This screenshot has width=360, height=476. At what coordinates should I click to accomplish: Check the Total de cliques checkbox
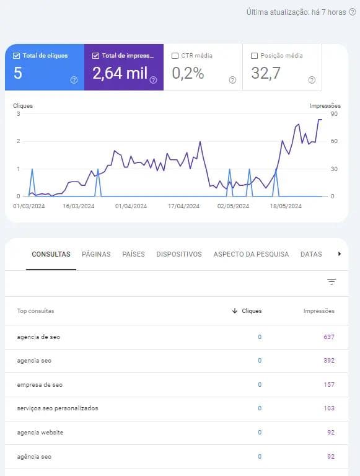pos(16,56)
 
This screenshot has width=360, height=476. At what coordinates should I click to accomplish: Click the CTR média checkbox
pos(175,56)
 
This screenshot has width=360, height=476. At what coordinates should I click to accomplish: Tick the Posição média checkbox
pos(255,56)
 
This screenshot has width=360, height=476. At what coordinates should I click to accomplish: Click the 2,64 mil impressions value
pos(120,73)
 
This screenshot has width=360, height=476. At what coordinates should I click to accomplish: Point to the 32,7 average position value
pos(266,73)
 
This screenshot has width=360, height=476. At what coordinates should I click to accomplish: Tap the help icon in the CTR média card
pos(232,80)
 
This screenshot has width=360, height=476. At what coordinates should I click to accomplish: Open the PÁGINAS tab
pos(96,254)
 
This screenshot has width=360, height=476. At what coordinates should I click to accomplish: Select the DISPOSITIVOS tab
pos(179,254)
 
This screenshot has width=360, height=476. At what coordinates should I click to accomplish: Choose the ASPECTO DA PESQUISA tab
pos(251,254)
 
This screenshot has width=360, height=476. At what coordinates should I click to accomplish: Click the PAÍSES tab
pos(133,254)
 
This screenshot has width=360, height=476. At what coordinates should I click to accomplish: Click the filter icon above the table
pos(331,282)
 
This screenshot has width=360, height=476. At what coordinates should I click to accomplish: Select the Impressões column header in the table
pos(318,311)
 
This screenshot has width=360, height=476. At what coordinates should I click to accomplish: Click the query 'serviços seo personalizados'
pos(58,408)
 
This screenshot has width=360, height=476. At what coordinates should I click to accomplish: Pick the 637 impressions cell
pos(328,337)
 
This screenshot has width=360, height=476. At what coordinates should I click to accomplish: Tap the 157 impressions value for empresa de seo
pos(328,385)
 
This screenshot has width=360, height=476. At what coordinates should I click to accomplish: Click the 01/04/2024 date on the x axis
pos(131,206)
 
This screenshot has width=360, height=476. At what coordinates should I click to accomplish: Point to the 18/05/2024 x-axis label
pos(286,206)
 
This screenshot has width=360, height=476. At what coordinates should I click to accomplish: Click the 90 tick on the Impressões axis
pos(333,114)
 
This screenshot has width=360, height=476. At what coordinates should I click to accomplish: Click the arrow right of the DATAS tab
pos(339,254)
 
